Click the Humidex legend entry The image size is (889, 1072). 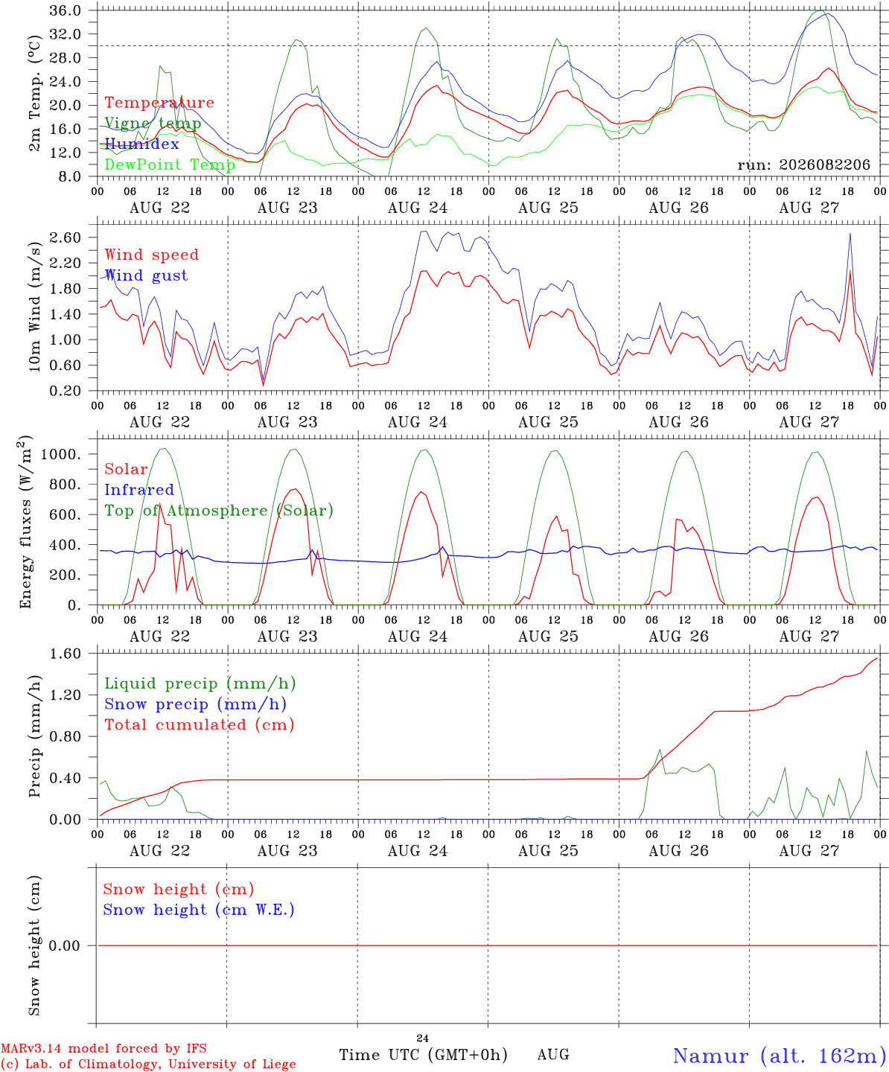(x=141, y=144)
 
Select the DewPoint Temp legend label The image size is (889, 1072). (x=170, y=165)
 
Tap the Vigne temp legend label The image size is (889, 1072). (x=153, y=124)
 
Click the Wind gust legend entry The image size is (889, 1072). (x=147, y=275)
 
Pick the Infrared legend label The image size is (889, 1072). (x=139, y=490)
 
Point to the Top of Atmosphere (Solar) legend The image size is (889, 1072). (x=220, y=511)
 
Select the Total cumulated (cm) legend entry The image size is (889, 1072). (x=200, y=724)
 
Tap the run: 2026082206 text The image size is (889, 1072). (x=803, y=165)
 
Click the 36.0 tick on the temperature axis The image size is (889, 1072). (x=65, y=10)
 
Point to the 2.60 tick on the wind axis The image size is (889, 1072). (x=65, y=237)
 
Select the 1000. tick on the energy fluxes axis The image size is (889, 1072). (x=61, y=454)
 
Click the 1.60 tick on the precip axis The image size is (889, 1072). (x=65, y=654)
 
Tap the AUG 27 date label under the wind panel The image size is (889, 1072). (x=809, y=422)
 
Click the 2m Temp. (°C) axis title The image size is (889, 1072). (x=34, y=94)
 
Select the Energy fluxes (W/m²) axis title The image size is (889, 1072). (x=25, y=522)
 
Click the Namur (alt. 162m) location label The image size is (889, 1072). (x=780, y=1056)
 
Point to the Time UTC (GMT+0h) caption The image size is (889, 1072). (x=423, y=1055)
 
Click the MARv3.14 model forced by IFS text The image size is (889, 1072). (x=103, y=1048)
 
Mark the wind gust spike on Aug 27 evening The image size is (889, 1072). (x=850, y=234)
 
